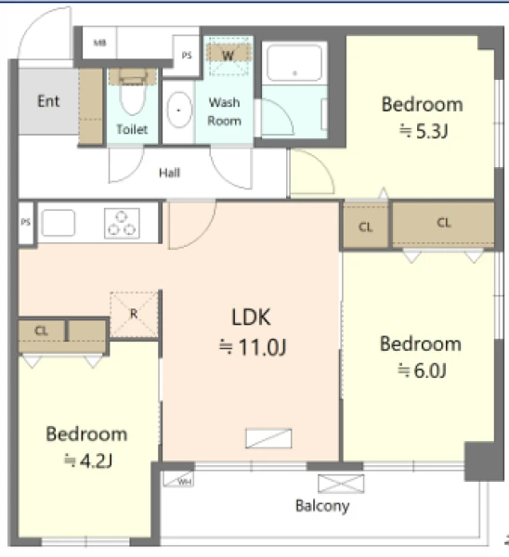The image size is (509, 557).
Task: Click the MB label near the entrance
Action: pyautogui.click(x=99, y=43)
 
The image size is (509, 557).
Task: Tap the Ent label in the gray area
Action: pyautogui.click(x=48, y=101)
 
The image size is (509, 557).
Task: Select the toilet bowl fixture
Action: pyautogui.click(x=133, y=92)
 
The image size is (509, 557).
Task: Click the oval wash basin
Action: pyautogui.click(x=178, y=110)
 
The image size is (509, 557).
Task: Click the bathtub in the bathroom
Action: pyautogui.click(x=294, y=63)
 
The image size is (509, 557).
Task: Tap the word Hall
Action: pyautogui.click(x=169, y=173)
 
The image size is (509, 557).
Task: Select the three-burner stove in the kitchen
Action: pyautogui.click(x=122, y=223)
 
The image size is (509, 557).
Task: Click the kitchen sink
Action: pyautogui.click(x=59, y=223)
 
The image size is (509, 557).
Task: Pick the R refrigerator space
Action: pyautogui.click(x=134, y=315)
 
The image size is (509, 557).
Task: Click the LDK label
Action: pyautogui.click(x=251, y=317)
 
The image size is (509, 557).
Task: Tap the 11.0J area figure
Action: pyautogui.click(x=253, y=347)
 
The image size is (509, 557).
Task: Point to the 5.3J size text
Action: pyautogui.click(x=424, y=132)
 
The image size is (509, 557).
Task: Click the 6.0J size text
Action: pyautogui.click(x=422, y=370)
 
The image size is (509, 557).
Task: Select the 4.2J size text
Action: pyautogui.click(x=88, y=460)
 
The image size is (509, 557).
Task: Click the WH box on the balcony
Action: pyautogui.click(x=178, y=478)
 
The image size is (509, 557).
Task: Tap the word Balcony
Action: pyautogui.click(x=322, y=506)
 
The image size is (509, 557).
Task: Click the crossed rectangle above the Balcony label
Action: pyautogui.click(x=341, y=484)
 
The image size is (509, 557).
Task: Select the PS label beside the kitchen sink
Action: pyautogui.click(x=26, y=223)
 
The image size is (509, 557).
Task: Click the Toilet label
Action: pyautogui.click(x=132, y=129)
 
